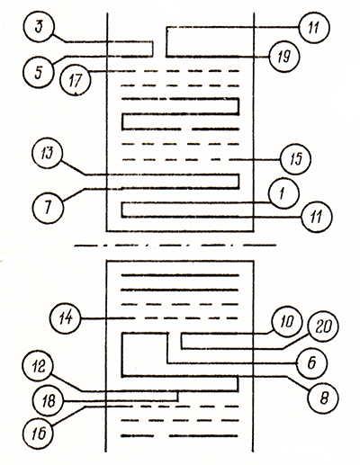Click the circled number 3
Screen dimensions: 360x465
click(38, 27)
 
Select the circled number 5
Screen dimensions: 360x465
click(38, 72)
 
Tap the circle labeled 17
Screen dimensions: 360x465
click(75, 80)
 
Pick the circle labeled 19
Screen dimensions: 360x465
click(283, 57)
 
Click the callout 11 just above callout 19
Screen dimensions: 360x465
click(314, 28)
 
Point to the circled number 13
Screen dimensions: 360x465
click(48, 153)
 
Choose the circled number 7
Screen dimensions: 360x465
click(48, 208)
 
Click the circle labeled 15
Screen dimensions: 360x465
click(296, 159)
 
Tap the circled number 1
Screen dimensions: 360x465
click(283, 193)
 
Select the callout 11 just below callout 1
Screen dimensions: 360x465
click(317, 217)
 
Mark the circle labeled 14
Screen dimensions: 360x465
click(66, 317)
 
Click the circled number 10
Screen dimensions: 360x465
click(287, 322)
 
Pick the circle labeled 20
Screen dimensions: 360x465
click(323, 326)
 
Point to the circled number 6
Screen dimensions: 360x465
click(312, 363)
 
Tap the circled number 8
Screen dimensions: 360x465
click(323, 398)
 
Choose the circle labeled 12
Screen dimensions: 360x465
click(38, 367)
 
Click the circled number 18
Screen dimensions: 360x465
click(49, 401)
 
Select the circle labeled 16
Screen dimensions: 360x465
click(39, 434)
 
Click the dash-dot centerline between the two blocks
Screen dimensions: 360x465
click(175, 246)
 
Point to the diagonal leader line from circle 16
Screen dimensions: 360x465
click(68, 416)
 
